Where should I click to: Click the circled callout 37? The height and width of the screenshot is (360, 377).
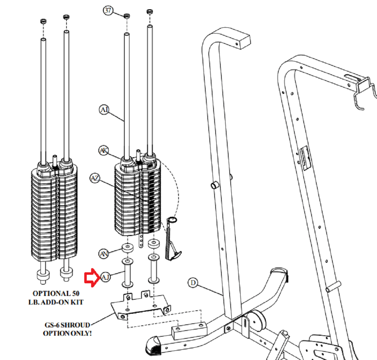click(108, 11)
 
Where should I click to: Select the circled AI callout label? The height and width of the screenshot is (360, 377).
click(104, 110)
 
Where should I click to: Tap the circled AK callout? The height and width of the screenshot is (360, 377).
click(104, 150)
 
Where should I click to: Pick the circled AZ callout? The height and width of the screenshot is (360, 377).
click(95, 178)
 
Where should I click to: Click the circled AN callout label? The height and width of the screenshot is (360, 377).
click(104, 254)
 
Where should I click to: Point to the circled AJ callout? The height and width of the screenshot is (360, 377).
click(105, 277)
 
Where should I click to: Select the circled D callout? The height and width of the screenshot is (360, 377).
click(193, 283)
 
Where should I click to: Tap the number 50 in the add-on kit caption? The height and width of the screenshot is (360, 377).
click(75, 294)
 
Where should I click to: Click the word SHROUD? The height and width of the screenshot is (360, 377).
click(75, 325)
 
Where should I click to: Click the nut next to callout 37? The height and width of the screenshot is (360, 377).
click(127, 16)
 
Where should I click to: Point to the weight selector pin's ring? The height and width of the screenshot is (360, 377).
click(172, 220)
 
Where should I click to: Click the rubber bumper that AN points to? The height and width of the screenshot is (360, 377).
click(128, 248)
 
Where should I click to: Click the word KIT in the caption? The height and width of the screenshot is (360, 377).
click(77, 302)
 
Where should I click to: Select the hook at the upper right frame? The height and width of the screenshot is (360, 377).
click(365, 93)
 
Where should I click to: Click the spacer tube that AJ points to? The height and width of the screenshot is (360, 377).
click(128, 273)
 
